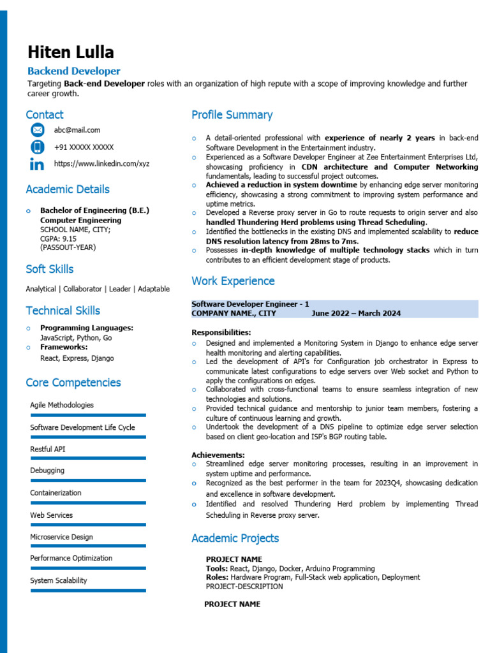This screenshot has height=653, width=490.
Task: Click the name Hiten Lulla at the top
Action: click(x=71, y=52)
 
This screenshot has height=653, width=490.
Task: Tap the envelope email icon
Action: click(x=38, y=130)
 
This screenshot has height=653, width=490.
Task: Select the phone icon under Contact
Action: click(x=38, y=147)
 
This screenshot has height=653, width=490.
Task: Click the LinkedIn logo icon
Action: click(x=38, y=165)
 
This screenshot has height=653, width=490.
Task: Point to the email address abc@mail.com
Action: click(x=77, y=130)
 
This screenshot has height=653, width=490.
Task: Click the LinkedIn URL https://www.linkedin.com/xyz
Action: click(x=102, y=164)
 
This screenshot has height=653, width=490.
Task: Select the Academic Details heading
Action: click(x=68, y=189)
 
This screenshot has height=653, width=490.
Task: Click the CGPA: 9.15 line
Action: click(x=58, y=238)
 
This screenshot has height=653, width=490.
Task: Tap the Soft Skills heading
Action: click(x=50, y=269)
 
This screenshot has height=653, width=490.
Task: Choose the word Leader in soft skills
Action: click(x=120, y=289)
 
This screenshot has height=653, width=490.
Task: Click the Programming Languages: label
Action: click(x=87, y=328)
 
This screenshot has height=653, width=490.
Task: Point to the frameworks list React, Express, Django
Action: click(x=77, y=358)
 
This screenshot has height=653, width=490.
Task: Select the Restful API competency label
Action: click(x=48, y=449)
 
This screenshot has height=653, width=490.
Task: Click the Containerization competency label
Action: click(x=56, y=493)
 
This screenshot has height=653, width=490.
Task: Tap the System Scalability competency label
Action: click(x=59, y=580)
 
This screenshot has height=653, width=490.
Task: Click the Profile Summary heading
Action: click(x=232, y=115)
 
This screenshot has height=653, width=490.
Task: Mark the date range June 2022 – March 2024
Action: click(x=356, y=313)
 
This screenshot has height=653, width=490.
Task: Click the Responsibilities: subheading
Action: click(x=221, y=332)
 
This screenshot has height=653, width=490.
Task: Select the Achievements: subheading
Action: click(x=218, y=455)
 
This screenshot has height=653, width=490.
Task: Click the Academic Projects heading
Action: click(x=235, y=538)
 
